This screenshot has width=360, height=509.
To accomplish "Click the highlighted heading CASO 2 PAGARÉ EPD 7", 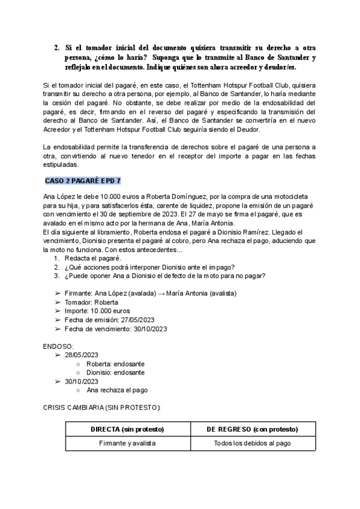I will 83,181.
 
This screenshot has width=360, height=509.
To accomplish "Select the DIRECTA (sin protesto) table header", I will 127,430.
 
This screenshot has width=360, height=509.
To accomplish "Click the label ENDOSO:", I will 59,346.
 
